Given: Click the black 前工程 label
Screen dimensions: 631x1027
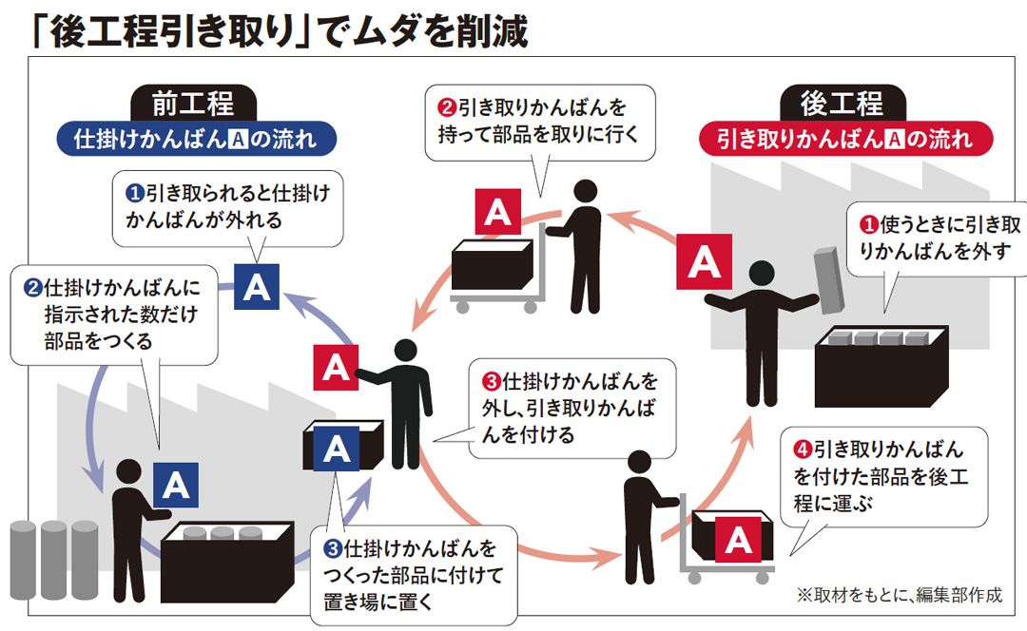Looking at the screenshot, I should coord(192,103).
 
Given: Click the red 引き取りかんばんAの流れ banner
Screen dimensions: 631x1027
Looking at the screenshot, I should coord(846,139).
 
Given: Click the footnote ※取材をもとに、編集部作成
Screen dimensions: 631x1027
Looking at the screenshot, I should coord(899,596).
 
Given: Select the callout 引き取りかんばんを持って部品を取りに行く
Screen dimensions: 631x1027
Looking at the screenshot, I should coord(542,118).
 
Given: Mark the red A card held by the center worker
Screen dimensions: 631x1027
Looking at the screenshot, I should coord(336,369).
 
